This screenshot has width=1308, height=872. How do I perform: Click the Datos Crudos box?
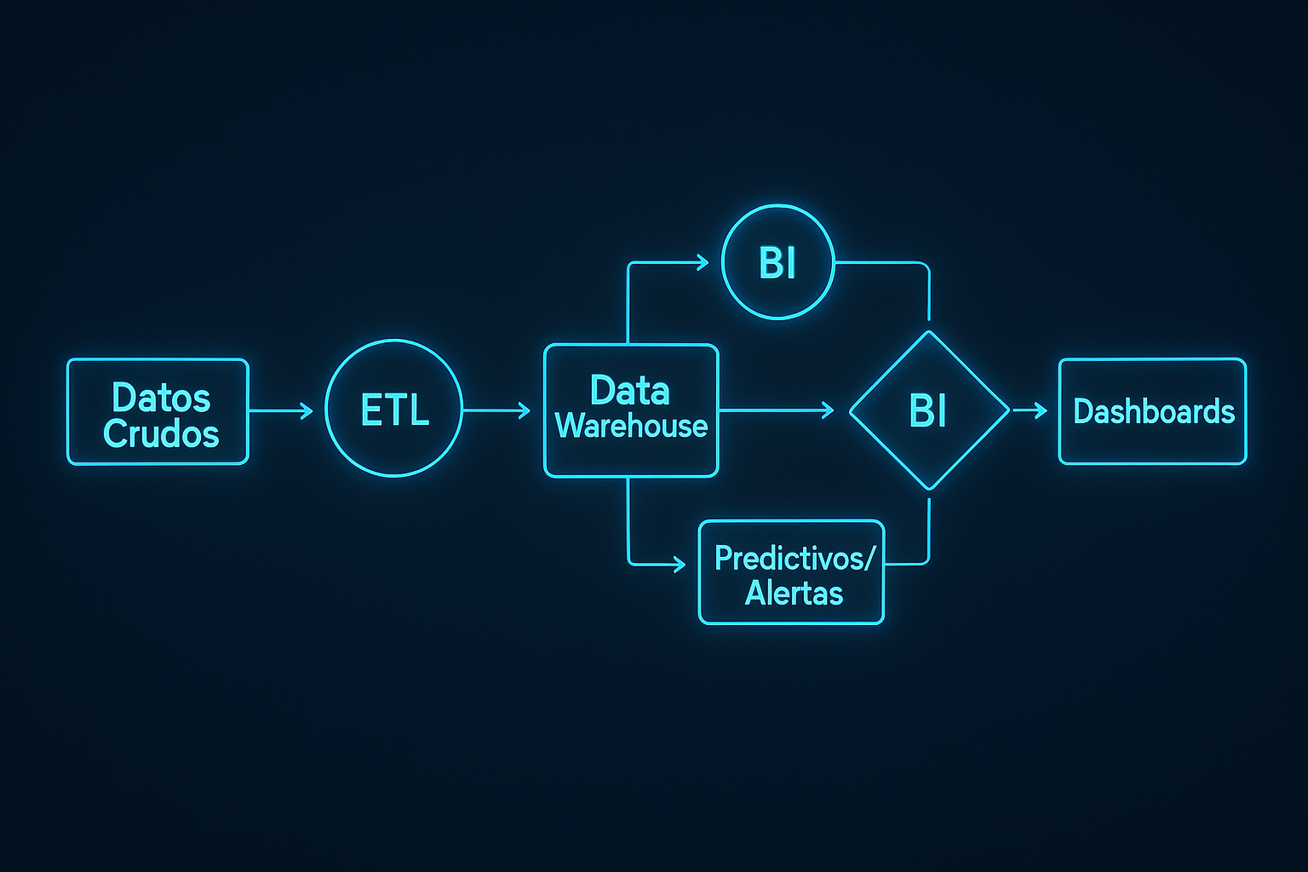158,412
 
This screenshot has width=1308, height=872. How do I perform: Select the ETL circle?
393,409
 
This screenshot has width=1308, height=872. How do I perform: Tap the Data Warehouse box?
631,410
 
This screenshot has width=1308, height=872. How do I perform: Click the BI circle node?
777,262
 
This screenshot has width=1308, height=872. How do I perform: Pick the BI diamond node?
929,410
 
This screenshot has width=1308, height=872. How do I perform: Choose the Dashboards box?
1152,411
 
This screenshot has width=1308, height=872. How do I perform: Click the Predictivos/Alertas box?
791,572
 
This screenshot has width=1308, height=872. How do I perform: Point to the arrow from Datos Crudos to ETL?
281,411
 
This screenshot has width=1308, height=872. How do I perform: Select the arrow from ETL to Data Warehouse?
496,411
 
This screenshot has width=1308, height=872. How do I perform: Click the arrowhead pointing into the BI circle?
703,262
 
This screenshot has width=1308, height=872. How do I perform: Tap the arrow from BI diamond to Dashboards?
1031,411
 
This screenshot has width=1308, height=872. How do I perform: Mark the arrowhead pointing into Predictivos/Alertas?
679,564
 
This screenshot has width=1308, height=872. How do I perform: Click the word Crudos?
161,434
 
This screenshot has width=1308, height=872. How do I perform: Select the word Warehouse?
631,426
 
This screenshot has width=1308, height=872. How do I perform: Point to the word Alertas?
794,593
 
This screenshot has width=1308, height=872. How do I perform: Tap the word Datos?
161,397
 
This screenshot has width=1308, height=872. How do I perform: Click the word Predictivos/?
794,558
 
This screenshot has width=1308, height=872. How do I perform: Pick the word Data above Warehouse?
630,391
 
